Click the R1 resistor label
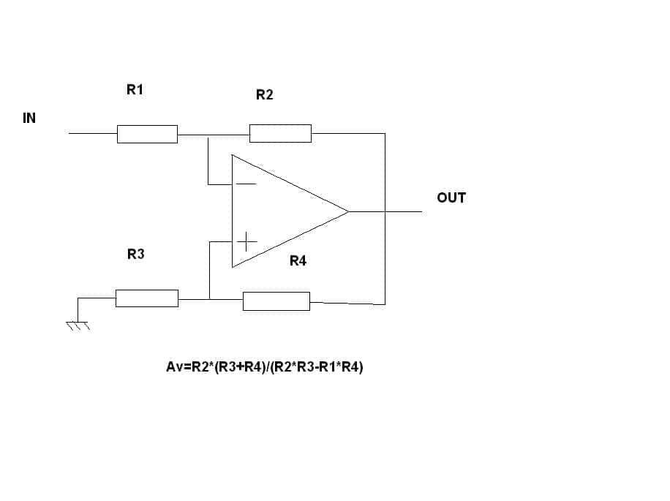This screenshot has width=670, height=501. [x=135, y=90]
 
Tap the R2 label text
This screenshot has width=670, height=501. [x=265, y=95]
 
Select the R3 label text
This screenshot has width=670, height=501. [x=136, y=254]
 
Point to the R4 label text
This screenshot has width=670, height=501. [x=298, y=260]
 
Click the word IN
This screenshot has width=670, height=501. [x=29, y=118]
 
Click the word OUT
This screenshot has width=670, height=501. [x=451, y=197]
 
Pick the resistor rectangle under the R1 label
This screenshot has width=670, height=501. [x=148, y=134]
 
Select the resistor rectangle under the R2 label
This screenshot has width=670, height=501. [x=280, y=133]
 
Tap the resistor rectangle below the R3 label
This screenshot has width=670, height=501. [x=147, y=298]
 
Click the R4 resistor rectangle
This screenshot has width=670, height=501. [x=276, y=301]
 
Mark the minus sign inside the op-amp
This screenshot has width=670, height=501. [x=246, y=184]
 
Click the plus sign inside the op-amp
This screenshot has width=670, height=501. [x=247, y=242]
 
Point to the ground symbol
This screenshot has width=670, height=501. [x=78, y=325]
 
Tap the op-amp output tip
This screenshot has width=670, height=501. [x=349, y=211]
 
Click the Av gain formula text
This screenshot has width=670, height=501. [x=265, y=367]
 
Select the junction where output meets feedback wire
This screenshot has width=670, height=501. [x=385, y=211]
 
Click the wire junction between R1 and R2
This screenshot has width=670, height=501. [x=208, y=135]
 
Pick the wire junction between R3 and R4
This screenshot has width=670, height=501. [x=210, y=299]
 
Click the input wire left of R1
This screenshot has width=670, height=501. [x=93, y=133]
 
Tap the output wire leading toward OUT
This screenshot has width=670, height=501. [x=404, y=211]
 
